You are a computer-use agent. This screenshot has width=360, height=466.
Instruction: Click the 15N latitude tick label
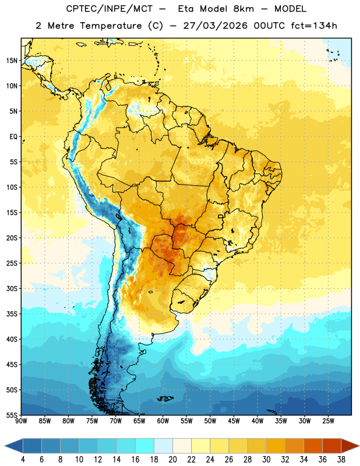coord(12,61)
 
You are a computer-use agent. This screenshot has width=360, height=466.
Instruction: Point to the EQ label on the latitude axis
coord(13,137)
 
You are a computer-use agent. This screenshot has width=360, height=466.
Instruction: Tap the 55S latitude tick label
coord(12,415)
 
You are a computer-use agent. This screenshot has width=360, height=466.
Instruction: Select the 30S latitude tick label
coord(12,288)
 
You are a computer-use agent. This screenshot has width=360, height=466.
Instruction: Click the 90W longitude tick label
coord(21,421)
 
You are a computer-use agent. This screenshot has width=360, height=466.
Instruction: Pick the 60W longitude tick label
coord(163,421)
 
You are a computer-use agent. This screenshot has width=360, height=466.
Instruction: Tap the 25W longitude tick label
coord(328,421)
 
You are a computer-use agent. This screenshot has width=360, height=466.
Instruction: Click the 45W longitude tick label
coord(234,421)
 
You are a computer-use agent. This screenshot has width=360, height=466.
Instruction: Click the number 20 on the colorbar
coord(172,460)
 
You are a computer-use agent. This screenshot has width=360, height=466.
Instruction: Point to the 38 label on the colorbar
coord(341,460)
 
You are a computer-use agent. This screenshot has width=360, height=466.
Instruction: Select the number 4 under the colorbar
coord(23,460)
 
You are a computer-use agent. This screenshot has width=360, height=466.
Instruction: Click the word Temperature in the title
coord(111,26)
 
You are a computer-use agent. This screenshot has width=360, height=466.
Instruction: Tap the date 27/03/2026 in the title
coord(215,26)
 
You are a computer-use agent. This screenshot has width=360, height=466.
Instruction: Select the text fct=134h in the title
coord(314,26)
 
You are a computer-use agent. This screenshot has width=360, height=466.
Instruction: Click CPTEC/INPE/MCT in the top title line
coord(110,9)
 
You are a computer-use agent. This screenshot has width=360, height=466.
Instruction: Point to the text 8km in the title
coord(243,9)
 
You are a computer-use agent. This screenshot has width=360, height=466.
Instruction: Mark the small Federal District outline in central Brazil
coord(221,216)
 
